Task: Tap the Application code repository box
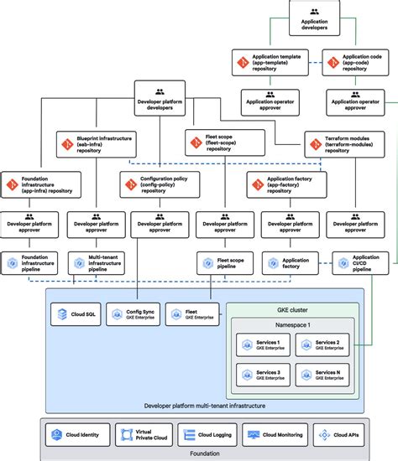(359, 62)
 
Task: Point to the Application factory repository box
(284, 184)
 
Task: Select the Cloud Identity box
(75, 435)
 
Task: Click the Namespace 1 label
(294, 324)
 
